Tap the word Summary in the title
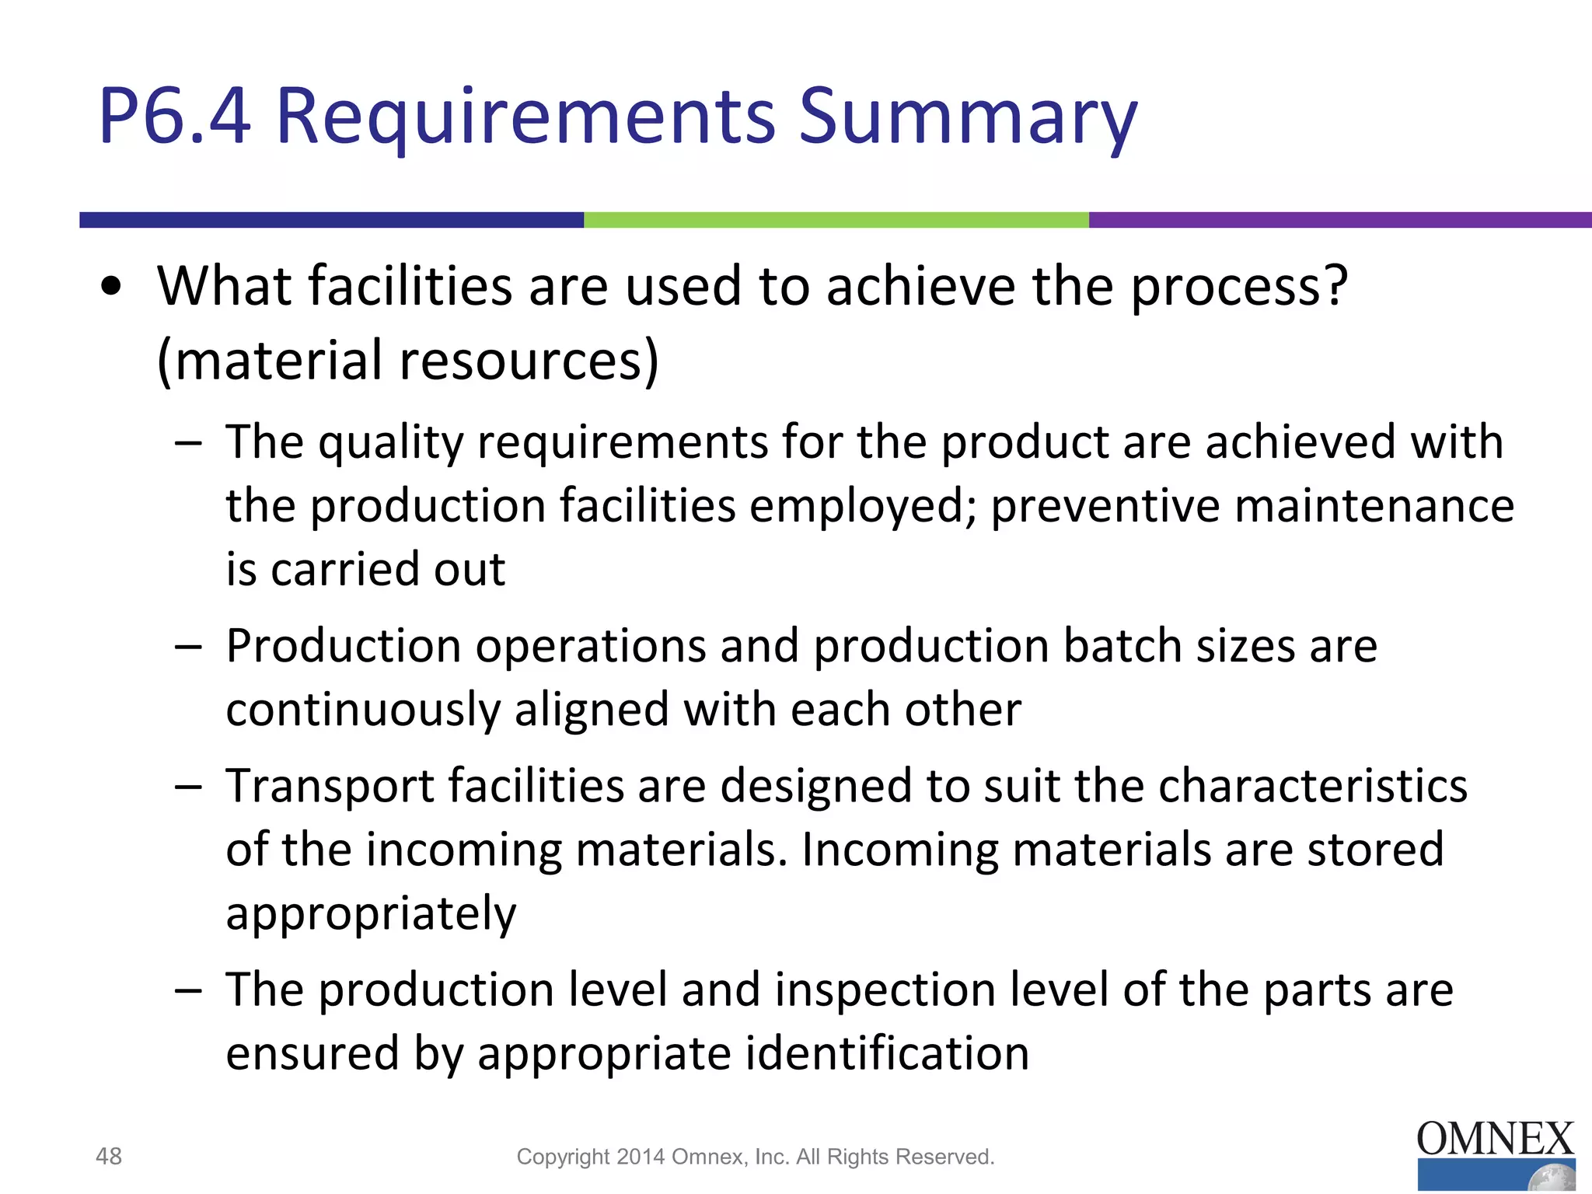tap(968, 118)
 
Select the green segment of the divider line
tap(836, 220)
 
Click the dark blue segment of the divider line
tap(331, 220)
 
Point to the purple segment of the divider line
tap(1339, 220)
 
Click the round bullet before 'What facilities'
tap(112, 287)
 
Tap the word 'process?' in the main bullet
tap(1239, 287)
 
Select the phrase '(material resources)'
tap(408, 361)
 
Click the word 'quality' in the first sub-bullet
tap(390, 443)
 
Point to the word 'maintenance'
tap(1374, 506)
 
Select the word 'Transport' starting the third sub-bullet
tap(330, 787)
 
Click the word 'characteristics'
tap(1313, 786)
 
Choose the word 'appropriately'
tap(371, 913)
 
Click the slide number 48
tap(109, 1157)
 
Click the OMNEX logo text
tap(1495, 1140)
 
